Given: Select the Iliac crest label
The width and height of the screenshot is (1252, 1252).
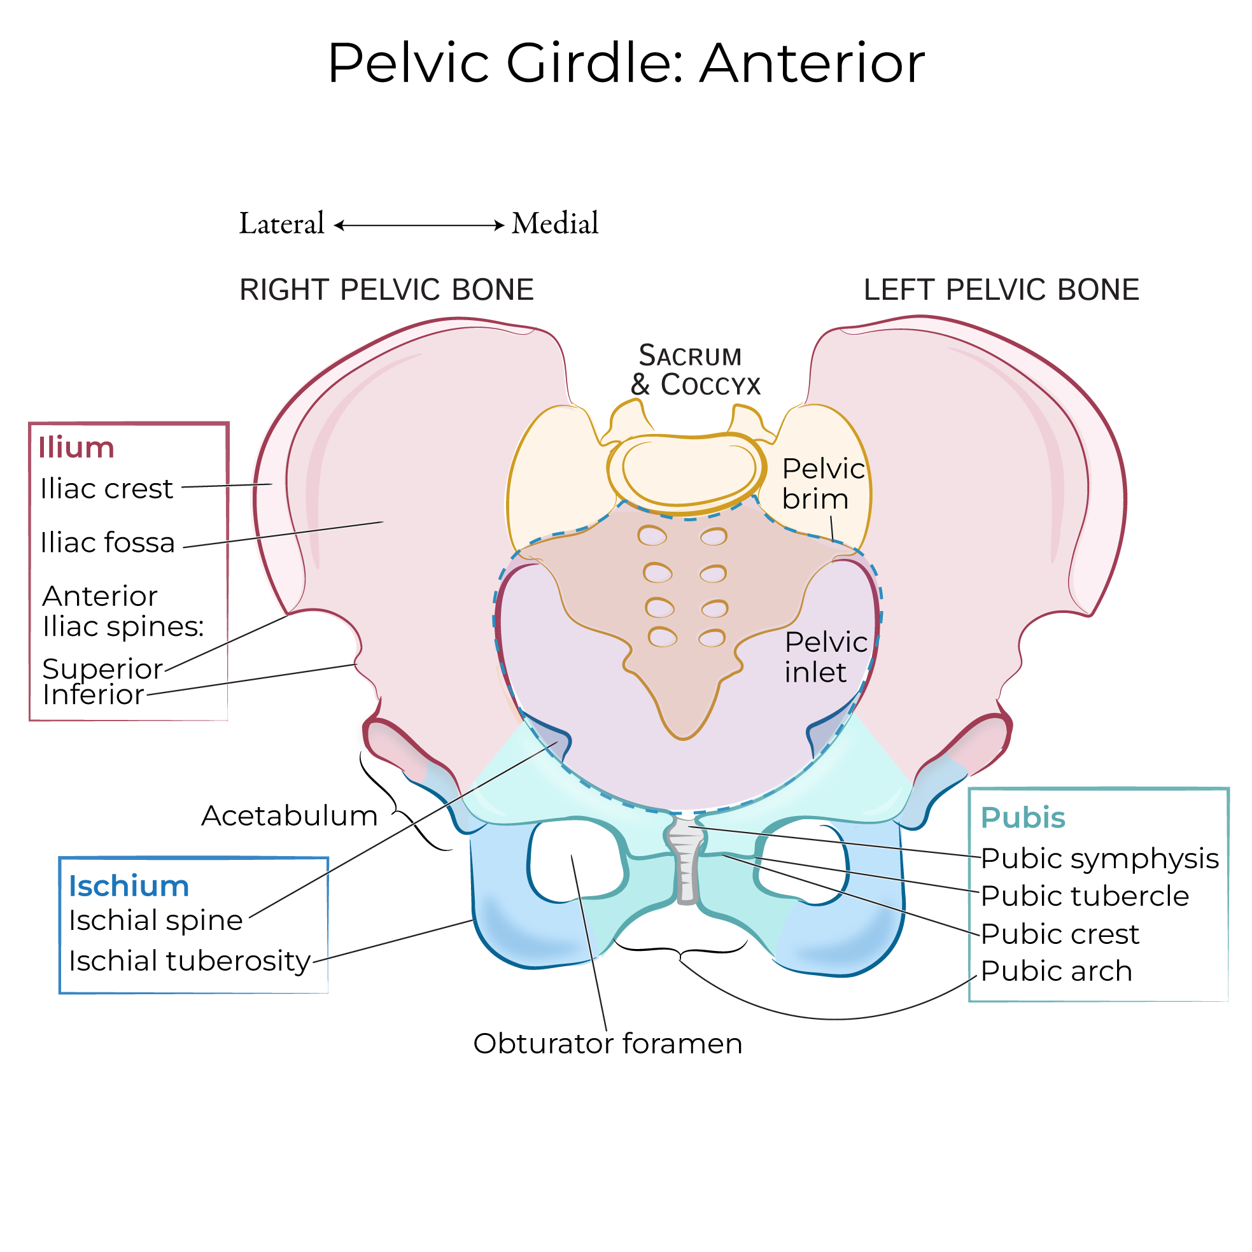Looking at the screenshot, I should (106, 489).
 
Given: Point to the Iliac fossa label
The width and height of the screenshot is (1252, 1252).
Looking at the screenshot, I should (108, 543).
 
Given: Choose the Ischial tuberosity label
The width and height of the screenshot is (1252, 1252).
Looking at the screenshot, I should (189, 961).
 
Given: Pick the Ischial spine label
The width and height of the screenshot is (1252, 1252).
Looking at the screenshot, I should (155, 920).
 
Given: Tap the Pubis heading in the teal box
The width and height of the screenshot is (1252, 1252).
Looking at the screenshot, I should (1023, 818).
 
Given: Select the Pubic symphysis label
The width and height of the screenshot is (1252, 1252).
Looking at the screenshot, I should (1100, 859).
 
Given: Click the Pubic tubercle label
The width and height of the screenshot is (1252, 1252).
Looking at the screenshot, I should (1085, 896).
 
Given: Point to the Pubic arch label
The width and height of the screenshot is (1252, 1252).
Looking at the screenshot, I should (1057, 971).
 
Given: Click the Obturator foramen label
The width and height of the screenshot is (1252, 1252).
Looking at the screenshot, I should (607, 1044).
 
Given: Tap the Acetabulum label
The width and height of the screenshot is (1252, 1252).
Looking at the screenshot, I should (289, 816).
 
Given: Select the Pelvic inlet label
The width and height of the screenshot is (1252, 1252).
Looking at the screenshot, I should (825, 657).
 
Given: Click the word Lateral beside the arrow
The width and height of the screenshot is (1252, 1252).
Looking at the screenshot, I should (281, 223).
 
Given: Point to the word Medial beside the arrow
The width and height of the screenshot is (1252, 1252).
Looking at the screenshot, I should (555, 223).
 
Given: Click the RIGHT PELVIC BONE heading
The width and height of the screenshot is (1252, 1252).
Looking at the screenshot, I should (386, 290).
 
